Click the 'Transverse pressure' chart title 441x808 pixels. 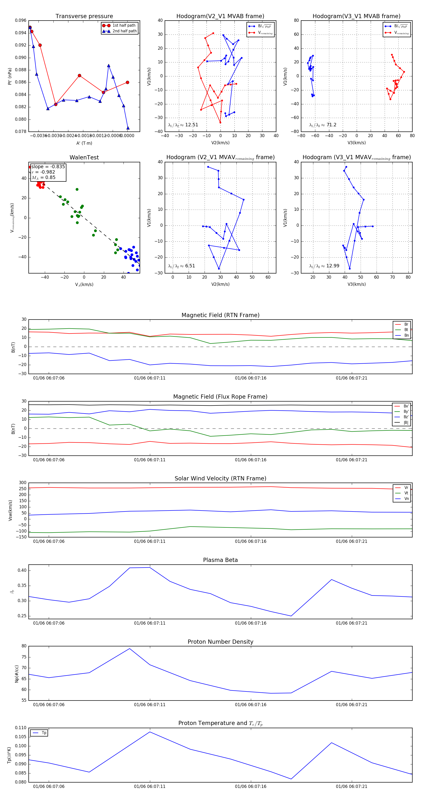pos(84,16)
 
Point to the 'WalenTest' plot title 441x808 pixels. pos(84,157)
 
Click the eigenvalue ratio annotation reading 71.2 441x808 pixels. pos(323,125)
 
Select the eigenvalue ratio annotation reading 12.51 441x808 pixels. pos(183,125)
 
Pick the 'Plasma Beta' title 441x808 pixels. pos(220,560)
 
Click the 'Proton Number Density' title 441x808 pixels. pos(220,642)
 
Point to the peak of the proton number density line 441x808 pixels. pos(130,649)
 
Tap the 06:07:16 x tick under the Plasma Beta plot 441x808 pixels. pos(250,623)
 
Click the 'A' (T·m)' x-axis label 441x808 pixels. pos(84,143)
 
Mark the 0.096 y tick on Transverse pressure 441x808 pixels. pos(21,20)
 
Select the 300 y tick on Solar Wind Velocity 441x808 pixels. pos(23,483)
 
